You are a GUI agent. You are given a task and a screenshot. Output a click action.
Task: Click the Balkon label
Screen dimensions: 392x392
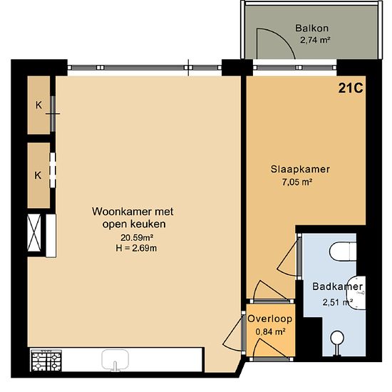click(311, 28)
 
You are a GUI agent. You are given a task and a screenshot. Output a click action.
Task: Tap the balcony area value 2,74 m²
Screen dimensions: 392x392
click(315, 40)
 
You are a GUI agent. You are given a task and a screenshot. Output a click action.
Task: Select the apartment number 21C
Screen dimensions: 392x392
click(351, 88)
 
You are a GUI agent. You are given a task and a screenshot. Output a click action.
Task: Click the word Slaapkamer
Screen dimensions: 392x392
click(300, 169)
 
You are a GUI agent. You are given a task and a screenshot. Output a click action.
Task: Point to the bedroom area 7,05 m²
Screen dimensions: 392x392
click(297, 182)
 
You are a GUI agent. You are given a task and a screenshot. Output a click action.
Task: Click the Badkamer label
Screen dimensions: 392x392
click(338, 287)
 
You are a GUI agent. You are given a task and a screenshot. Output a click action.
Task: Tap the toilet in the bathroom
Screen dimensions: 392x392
click(343, 251)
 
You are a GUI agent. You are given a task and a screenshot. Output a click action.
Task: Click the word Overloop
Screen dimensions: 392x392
click(269, 319)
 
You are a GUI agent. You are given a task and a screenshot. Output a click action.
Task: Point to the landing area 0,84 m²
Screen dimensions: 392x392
click(271, 331)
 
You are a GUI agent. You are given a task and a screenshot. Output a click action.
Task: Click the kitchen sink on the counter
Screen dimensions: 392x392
click(115, 360)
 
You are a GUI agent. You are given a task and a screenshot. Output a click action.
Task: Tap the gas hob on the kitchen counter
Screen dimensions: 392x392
click(46, 361)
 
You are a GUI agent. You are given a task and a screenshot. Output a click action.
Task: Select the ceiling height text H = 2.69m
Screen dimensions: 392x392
click(136, 248)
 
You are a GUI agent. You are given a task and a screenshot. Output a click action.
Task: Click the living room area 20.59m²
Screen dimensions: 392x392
click(137, 237)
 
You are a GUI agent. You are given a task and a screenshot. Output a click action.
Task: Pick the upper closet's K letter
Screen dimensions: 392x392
click(38, 105)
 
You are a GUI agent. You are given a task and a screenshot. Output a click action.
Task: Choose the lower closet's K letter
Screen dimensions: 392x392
click(38, 175)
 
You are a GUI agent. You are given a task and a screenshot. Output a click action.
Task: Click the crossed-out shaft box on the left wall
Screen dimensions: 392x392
click(34, 233)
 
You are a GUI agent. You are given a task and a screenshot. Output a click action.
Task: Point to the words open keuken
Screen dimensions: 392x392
click(134, 225)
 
